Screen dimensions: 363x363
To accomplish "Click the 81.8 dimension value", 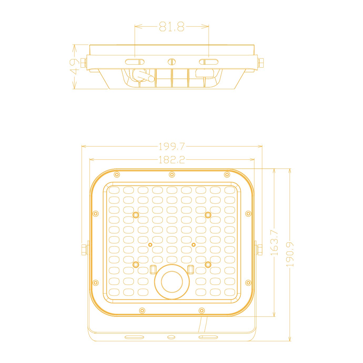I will click(x=171, y=27).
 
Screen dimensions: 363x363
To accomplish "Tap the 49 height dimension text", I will click(x=74, y=67).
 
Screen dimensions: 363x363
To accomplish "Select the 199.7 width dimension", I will click(x=172, y=147).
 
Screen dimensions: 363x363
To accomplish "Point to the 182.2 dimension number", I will click(x=172, y=160).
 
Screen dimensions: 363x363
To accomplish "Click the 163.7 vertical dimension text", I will click(x=274, y=243).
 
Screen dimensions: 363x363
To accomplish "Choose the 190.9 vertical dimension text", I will click(x=290, y=254).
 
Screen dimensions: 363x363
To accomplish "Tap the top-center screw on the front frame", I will click(x=172, y=175).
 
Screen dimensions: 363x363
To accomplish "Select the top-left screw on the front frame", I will click(x=117, y=175).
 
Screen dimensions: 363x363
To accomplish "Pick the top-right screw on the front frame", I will click(x=227, y=175).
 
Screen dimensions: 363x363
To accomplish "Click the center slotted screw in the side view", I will click(x=171, y=62).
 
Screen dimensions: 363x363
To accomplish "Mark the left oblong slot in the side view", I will click(x=135, y=62).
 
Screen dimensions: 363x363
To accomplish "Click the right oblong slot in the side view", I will click(x=208, y=62).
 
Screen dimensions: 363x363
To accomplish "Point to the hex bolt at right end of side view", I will click(x=261, y=63).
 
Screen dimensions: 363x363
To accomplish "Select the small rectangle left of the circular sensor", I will click(x=153, y=269).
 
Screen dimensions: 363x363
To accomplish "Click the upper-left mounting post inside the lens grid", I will click(x=136, y=215).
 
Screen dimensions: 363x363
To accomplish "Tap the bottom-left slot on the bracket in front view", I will click(x=134, y=337).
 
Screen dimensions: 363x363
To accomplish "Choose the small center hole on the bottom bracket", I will click(x=171, y=337).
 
